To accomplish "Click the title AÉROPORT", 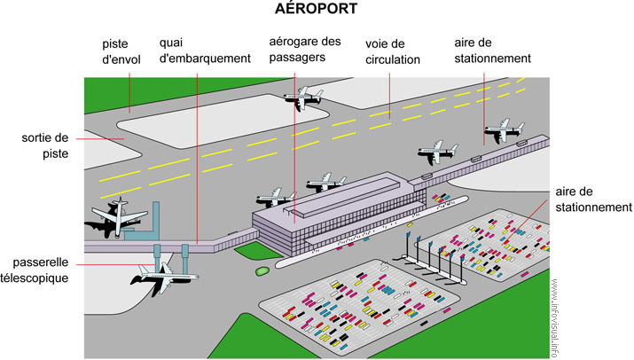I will pos(317,10).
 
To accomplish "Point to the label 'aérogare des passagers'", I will pos(304,49).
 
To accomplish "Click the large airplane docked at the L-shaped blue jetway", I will pos(111,216).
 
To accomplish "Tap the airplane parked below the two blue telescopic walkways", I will pos(160,277).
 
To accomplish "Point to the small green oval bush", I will pos(262,270).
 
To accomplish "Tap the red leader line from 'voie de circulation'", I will pos(388,92).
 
